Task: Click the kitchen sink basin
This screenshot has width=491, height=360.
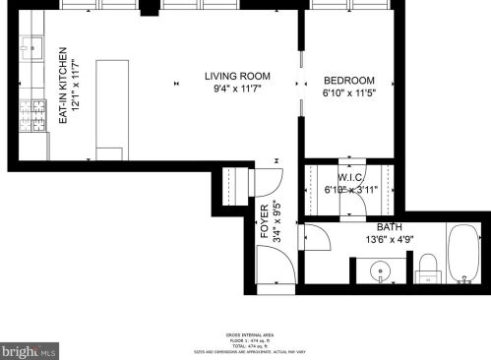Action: tap(31, 45)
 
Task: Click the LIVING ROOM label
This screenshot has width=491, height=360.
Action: tap(237, 77)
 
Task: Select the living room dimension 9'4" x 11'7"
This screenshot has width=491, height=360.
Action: tap(237, 90)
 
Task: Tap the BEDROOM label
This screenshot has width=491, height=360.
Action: tap(349, 81)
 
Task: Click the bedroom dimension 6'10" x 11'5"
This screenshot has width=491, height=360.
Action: tap(350, 94)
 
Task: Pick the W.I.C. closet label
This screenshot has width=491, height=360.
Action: tap(351, 178)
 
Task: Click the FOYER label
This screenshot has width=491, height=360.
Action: tap(265, 221)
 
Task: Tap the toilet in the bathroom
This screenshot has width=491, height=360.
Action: tap(427, 266)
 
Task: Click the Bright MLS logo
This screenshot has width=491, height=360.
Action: tap(30, 349)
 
